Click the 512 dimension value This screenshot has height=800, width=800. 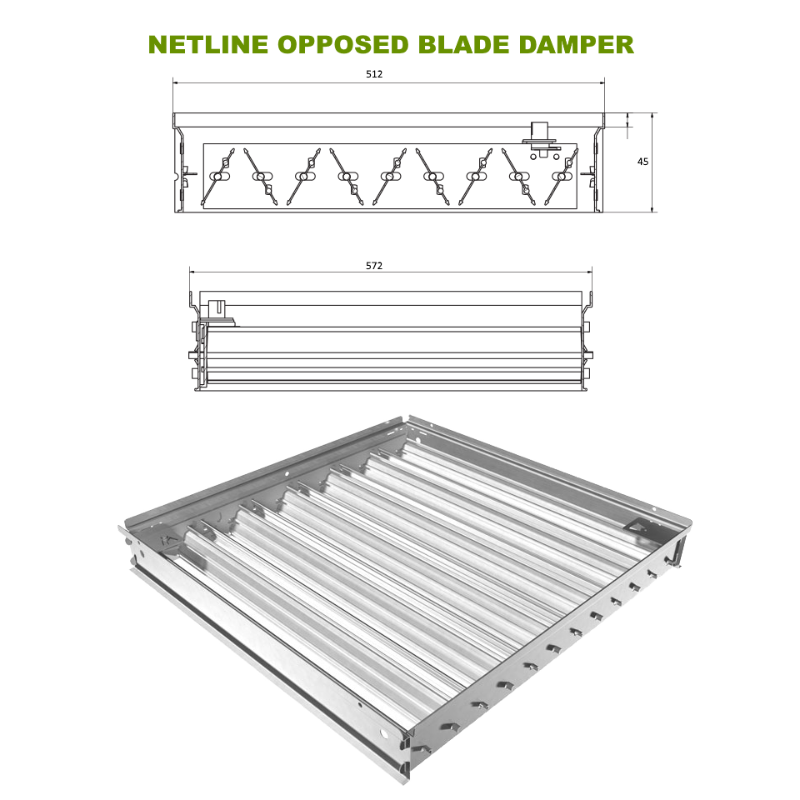click(x=374, y=74)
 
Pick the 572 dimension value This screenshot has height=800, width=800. click(x=374, y=266)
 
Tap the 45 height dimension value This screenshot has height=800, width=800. click(x=642, y=162)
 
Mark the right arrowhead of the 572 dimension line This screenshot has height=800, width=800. click(x=589, y=271)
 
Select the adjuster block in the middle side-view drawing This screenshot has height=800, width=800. click(x=217, y=310)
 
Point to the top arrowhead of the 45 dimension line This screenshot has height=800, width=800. click(x=652, y=115)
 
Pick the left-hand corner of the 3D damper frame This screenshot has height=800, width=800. click(x=121, y=528)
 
